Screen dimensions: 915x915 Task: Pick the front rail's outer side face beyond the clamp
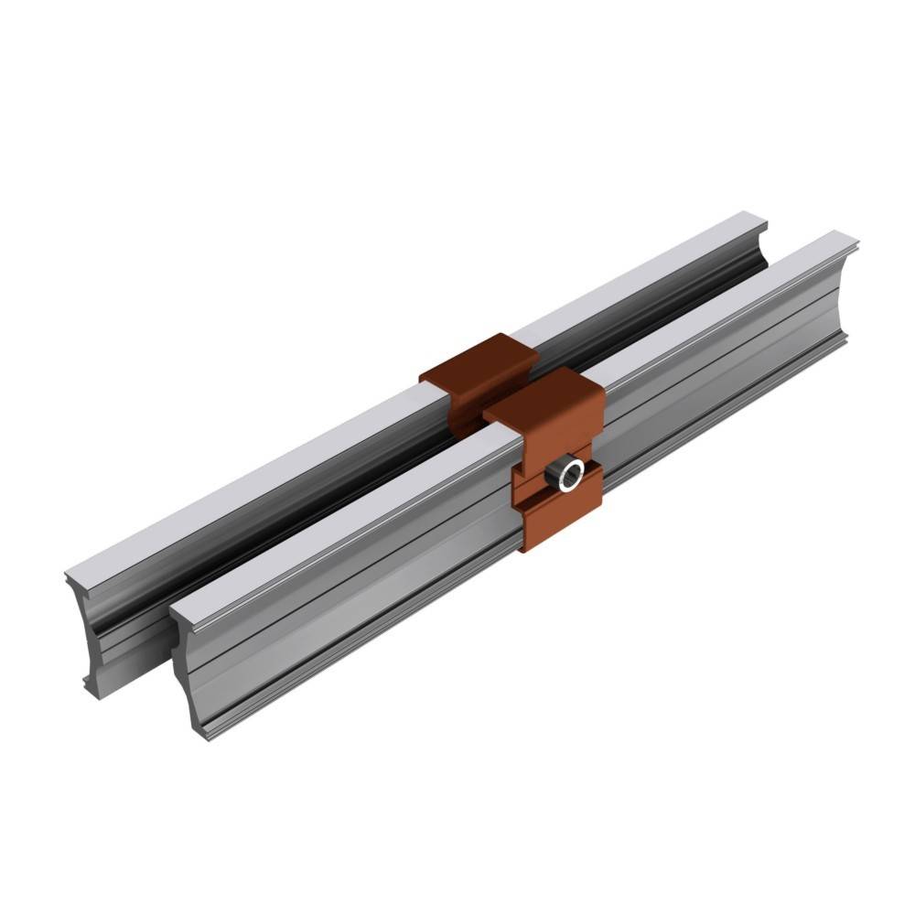click(x=732, y=366)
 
